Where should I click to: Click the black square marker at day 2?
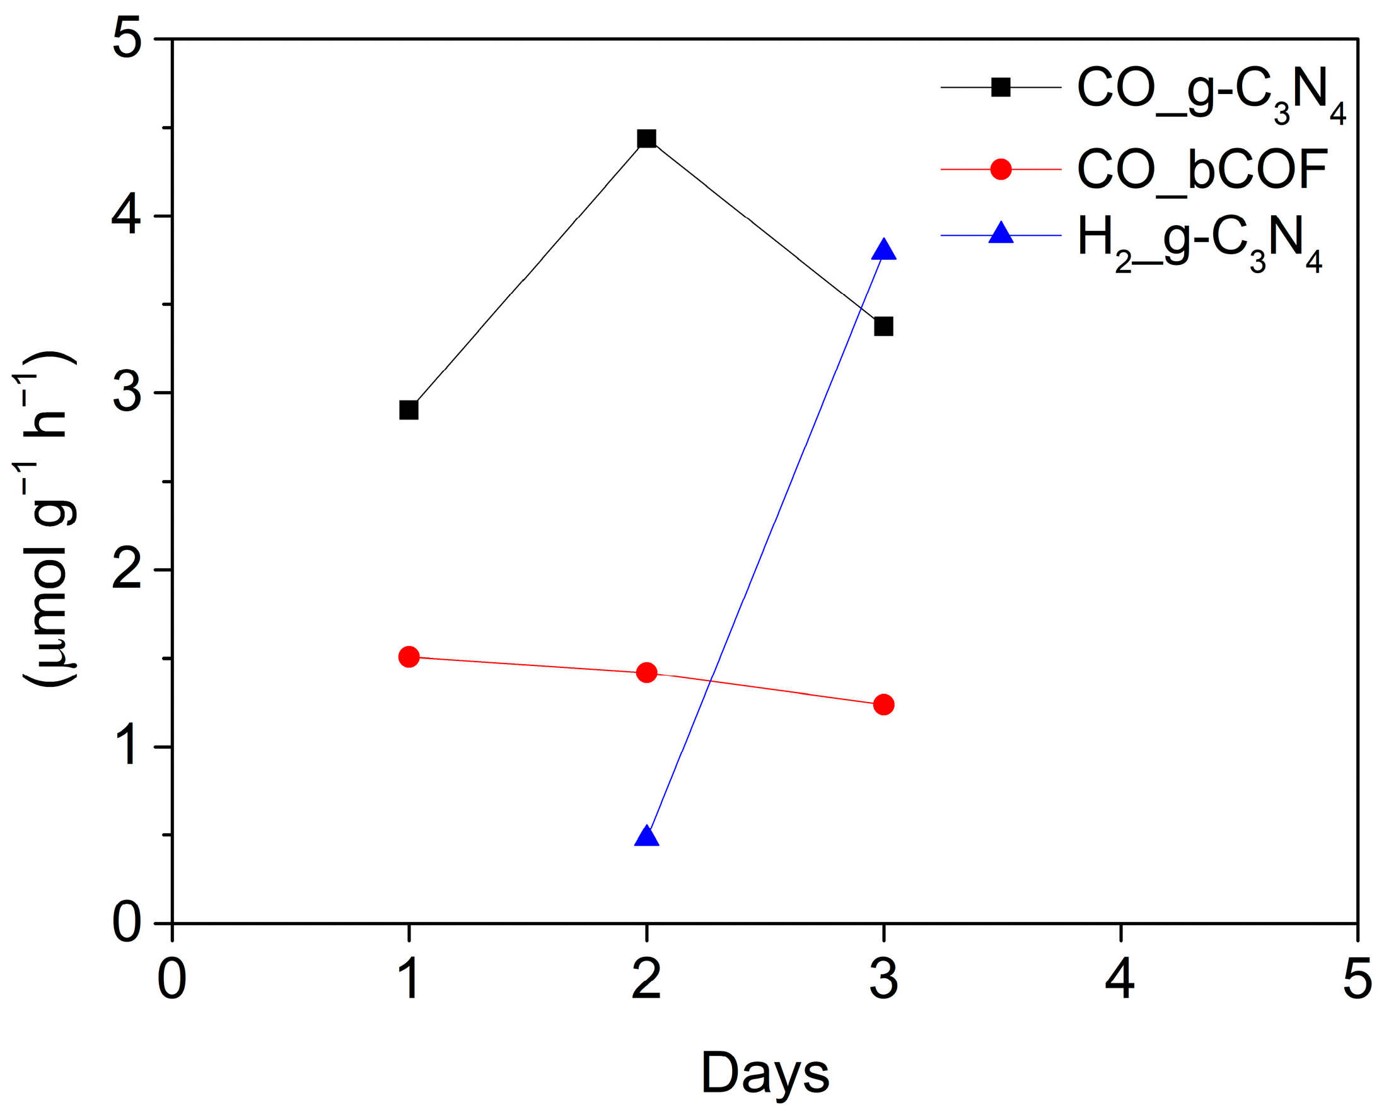click(x=646, y=138)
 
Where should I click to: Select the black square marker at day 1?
click(x=409, y=410)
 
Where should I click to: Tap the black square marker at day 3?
click(x=883, y=326)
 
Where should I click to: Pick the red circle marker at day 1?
click(x=409, y=657)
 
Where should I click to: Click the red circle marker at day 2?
click(x=646, y=672)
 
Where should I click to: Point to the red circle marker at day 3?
click(x=883, y=705)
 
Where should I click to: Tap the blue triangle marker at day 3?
click(x=883, y=250)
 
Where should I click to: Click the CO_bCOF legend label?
click(x=1202, y=170)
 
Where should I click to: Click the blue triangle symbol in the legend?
click(x=1001, y=233)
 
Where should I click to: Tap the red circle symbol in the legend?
click(x=1001, y=169)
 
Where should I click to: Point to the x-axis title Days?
click(x=765, y=1073)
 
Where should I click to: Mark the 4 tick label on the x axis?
click(x=1120, y=980)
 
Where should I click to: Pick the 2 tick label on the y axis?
click(x=127, y=570)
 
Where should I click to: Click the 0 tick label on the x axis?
click(x=172, y=980)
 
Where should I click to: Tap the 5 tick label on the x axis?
click(x=1357, y=980)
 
